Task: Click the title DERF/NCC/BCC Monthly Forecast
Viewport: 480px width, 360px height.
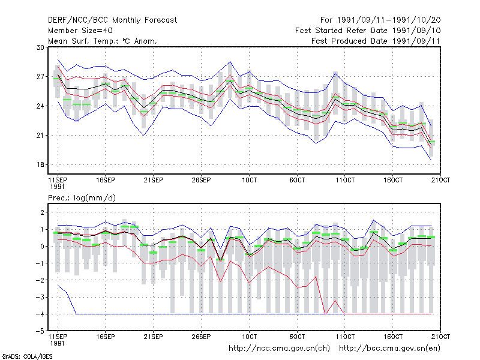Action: pyautogui.click(x=112, y=20)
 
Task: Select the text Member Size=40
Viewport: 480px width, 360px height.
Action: pyautogui.click(x=80, y=31)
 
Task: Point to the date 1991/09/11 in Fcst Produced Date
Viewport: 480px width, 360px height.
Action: pyautogui.click(x=416, y=41)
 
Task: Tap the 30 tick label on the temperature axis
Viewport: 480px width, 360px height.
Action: pyautogui.click(x=40, y=47)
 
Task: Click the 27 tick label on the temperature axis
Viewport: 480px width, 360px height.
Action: pyautogui.click(x=40, y=77)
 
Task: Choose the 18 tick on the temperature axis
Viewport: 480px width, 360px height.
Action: pyautogui.click(x=40, y=164)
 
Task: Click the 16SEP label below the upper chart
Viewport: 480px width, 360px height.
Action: pyautogui.click(x=106, y=180)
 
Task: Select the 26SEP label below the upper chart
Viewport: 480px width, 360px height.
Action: pyautogui.click(x=201, y=180)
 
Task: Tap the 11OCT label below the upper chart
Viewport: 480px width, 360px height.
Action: pyautogui.click(x=345, y=180)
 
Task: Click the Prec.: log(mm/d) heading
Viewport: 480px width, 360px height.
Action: pyautogui.click(x=82, y=198)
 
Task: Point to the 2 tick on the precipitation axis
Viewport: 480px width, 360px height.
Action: pyautogui.click(x=43, y=212)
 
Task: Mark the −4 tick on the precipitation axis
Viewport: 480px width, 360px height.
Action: pyautogui.click(x=40, y=314)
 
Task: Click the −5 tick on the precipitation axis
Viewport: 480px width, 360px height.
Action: pyautogui.click(x=40, y=331)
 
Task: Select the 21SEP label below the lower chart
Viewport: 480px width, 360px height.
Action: pyautogui.click(x=154, y=337)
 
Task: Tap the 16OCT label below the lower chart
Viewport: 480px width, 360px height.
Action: pyautogui.click(x=393, y=337)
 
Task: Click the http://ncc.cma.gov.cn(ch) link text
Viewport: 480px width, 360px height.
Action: pyautogui.click(x=279, y=349)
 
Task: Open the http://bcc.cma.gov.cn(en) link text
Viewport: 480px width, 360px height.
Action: pyautogui.click(x=389, y=349)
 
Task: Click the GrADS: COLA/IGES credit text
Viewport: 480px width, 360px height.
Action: pyautogui.click(x=27, y=356)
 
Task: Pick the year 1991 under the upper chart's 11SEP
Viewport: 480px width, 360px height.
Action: pyautogui.click(x=57, y=187)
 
